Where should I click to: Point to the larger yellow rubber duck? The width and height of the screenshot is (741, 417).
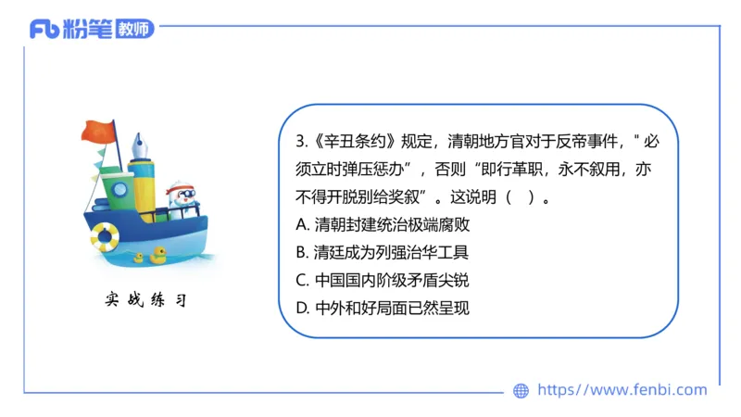tap(159, 253)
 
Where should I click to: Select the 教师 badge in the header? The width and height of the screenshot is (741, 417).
tap(135, 30)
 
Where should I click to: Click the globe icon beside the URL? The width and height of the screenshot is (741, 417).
tap(521, 391)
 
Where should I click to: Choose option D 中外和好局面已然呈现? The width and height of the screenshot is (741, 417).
tap(383, 308)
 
